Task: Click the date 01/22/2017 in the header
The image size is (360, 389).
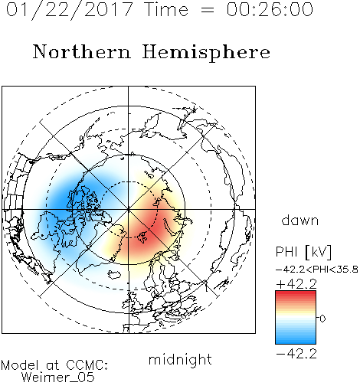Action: tap(70, 10)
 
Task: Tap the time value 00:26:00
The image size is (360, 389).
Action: tap(270, 9)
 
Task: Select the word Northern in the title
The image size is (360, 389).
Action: tap(82, 51)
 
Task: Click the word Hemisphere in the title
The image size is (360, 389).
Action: tap(206, 53)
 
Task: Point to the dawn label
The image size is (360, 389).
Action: tap(300, 220)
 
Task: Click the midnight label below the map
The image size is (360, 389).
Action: tap(180, 360)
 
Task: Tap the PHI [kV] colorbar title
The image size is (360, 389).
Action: tap(303, 252)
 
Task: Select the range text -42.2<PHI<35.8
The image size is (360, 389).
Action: tap(317, 270)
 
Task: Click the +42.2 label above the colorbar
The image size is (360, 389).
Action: tap(296, 284)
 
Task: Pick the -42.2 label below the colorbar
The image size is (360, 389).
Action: tap(296, 354)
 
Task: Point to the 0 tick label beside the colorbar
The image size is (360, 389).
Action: tap(322, 319)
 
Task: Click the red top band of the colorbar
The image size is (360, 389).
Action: tap(296, 295)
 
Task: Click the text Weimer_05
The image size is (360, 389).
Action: tap(57, 378)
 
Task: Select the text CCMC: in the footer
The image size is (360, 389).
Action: tap(87, 365)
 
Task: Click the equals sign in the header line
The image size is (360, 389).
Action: tap(207, 10)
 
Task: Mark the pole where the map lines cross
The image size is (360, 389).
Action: tap(129, 209)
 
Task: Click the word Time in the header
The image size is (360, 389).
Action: tap(166, 9)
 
